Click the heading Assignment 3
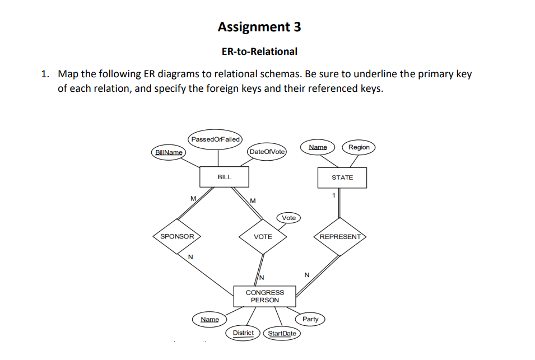[259, 27]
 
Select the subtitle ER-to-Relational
[259, 52]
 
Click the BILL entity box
[224, 177]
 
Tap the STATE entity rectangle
[342, 177]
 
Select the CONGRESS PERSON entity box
[264, 296]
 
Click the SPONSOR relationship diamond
[177, 237]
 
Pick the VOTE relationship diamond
[263, 237]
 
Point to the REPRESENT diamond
[340, 237]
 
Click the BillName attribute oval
[168, 152]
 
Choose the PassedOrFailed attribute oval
[215, 139]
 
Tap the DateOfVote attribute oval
[267, 152]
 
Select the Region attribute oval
[359, 147]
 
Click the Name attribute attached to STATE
[318, 147]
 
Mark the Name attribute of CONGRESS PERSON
[210, 320]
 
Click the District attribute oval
[243, 333]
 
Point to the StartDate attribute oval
[282, 334]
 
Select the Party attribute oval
[310, 319]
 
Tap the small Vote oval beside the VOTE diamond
[289, 218]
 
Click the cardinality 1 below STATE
[333, 195]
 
